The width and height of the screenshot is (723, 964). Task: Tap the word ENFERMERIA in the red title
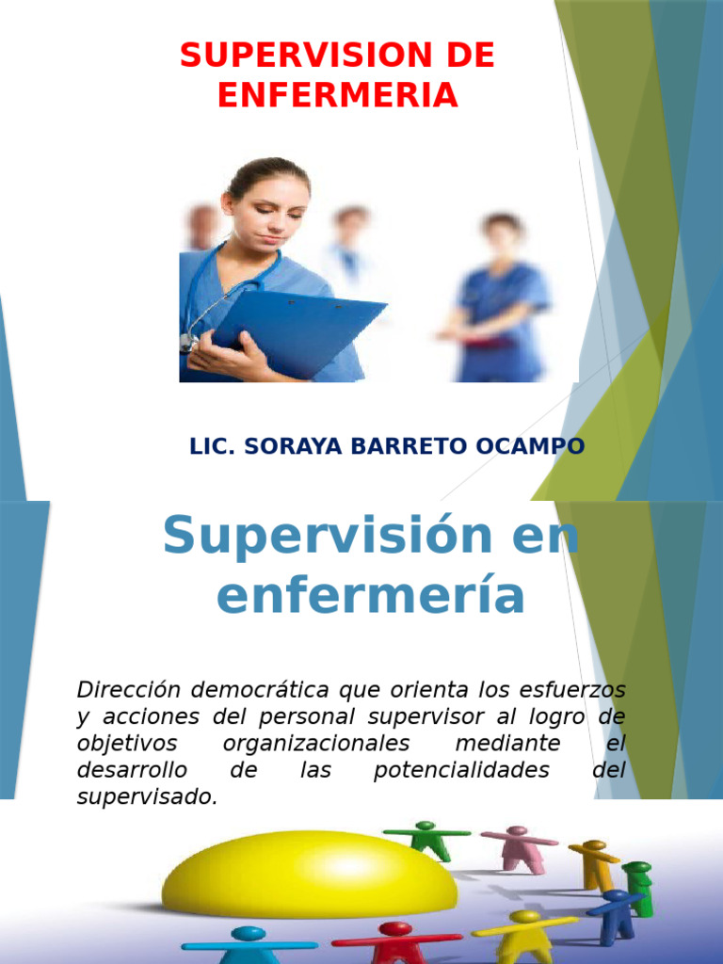click(338, 95)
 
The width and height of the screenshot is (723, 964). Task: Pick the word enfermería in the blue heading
click(370, 596)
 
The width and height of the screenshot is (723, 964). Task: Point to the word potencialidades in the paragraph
click(460, 770)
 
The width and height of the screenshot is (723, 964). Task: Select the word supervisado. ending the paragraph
click(147, 796)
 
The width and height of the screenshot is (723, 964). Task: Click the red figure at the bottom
click(394, 941)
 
